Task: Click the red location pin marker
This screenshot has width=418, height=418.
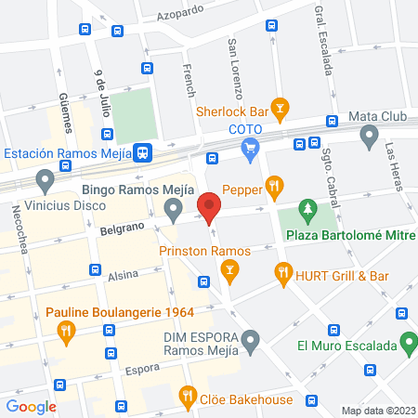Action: (x=210, y=206)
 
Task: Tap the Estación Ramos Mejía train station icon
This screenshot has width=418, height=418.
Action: (x=143, y=152)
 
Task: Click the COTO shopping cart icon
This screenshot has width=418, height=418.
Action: (x=249, y=147)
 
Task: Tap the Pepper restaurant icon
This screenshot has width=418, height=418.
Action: (x=274, y=187)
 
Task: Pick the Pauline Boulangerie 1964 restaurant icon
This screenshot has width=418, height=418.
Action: (x=66, y=329)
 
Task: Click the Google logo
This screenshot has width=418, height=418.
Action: (x=32, y=406)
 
